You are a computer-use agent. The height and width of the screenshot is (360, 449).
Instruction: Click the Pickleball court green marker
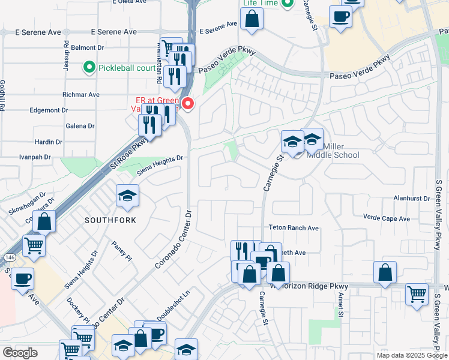pyautogui.click(x=90, y=67)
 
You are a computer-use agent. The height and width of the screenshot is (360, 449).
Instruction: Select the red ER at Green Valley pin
pyautogui.click(x=188, y=104)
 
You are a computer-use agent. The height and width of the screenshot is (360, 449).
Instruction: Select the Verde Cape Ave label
pyautogui.click(x=387, y=218)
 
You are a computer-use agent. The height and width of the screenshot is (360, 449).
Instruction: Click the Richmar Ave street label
pyautogui.click(x=81, y=95)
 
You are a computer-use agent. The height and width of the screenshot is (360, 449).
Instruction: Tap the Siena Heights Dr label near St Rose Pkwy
pyautogui.click(x=159, y=164)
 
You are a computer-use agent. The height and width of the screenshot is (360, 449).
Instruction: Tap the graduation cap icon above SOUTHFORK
pyautogui.click(x=127, y=196)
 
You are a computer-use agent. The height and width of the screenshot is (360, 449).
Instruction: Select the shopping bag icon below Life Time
pyautogui.click(x=252, y=18)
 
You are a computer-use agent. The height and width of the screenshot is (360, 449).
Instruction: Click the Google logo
pyautogui.click(x=20, y=353)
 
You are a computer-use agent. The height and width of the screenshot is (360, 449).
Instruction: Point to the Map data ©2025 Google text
pyautogui.click(x=411, y=355)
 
